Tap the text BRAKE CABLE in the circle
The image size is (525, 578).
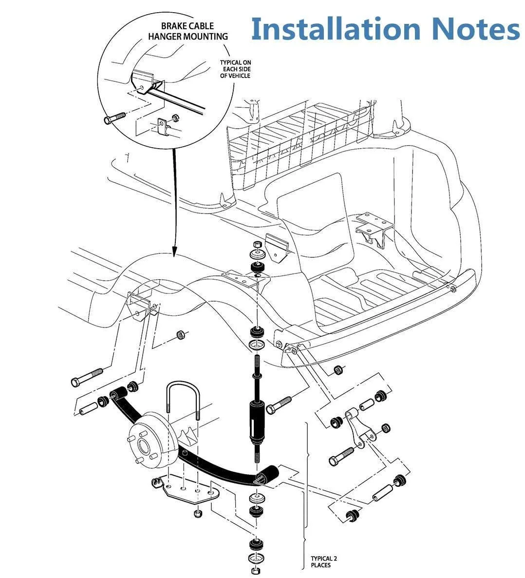(x=187, y=26)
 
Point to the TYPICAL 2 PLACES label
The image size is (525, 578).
(x=324, y=562)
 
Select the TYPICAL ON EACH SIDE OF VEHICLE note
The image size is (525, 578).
(x=235, y=69)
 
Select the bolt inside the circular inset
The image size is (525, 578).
(x=114, y=118)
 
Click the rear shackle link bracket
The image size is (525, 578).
(x=357, y=427)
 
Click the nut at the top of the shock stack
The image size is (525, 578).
(x=258, y=244)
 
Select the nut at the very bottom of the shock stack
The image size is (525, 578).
(x=257, y=571)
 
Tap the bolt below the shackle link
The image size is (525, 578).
(x=341, y=456)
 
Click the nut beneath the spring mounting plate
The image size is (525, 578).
(x=198, y=514)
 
